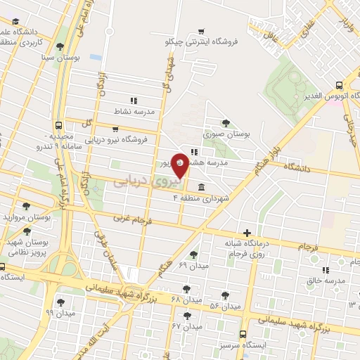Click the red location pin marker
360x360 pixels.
coord(180,166)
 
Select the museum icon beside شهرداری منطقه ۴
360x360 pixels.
coord(202,187)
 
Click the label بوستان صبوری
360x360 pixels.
coord(227,133)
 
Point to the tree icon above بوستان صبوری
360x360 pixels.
coord(225,122)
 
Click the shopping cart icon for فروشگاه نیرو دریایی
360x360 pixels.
coord(115,129)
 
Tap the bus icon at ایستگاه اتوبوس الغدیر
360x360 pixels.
coord(339,83)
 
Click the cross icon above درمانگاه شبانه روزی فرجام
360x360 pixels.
coord(246,233)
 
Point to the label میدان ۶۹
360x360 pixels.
coord(193,266)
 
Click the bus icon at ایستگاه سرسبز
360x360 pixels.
coord(243,334)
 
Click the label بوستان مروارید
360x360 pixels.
coord(28,218)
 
